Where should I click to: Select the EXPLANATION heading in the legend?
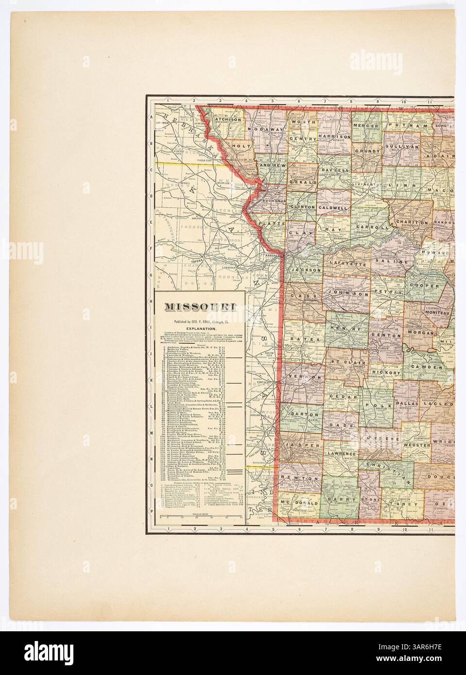point(200,329)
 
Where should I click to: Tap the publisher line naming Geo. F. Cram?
point(200,321)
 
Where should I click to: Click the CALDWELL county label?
point(333,207)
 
